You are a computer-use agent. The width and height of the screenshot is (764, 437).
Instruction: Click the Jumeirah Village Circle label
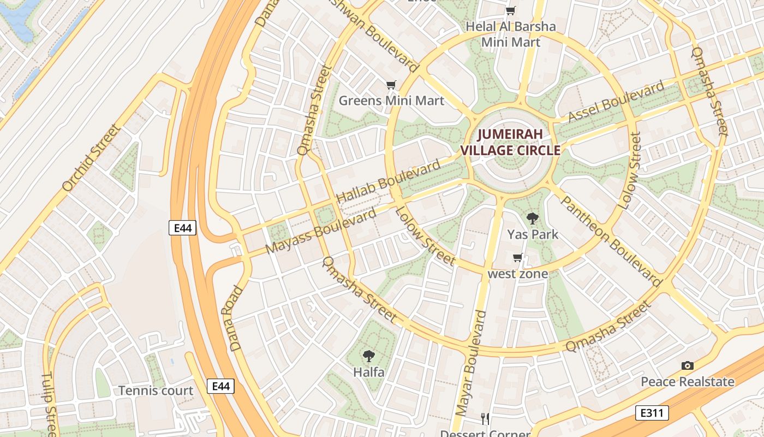[x=511, y=142]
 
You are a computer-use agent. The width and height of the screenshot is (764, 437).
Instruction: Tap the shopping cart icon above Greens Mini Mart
[x=391, y=85]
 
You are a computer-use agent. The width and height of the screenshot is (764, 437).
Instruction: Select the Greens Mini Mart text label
[x=391, y=101]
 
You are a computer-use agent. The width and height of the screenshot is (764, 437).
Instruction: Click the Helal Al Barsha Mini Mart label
[x=511, y=34]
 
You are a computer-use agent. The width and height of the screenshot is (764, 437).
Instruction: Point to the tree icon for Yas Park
[x=533, y=218]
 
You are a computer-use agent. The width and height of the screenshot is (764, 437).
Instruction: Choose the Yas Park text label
[x=533, y=235]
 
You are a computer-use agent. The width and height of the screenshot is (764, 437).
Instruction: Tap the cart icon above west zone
[x=517, y=257]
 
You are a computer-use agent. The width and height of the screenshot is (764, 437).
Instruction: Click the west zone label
[x=517, y=274]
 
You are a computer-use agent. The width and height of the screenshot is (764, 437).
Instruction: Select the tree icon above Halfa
[x=369, y=356]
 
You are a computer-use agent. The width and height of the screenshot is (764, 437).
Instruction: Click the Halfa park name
[x=369, y=373]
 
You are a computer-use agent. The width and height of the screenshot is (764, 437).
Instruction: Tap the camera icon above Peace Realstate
[x=688, y=365]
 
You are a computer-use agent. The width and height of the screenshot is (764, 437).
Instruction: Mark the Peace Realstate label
[x=688, y=382]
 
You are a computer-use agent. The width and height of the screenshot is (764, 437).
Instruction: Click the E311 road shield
[x=652, y=412]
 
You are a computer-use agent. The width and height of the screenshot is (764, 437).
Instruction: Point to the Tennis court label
[x=156, y=391]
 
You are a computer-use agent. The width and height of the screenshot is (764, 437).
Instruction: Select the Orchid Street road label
[x=91, y=158]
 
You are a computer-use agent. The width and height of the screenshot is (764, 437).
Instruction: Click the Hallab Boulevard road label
[x=389, y=181]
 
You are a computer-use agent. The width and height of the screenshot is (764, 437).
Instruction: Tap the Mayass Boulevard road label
[x=321, y=231]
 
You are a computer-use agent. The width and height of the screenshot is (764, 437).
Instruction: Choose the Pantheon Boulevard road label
[x=611, y=241]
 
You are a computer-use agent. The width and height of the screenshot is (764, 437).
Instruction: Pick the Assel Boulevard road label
[x=617, y=102]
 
